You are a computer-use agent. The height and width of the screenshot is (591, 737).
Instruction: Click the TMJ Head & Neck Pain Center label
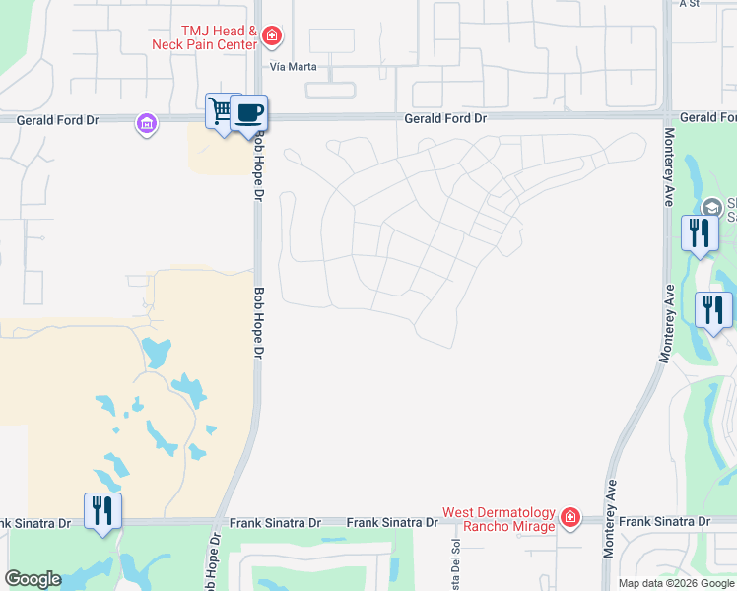tap(205, 37)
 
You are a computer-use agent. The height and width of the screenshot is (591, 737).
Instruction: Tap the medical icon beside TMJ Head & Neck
tap(273, 37)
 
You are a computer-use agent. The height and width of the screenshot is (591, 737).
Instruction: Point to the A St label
tap(690, 4)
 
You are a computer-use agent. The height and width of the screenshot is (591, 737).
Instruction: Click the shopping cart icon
tap(221, 111)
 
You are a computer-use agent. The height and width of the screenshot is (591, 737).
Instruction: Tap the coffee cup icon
tap(249, 111)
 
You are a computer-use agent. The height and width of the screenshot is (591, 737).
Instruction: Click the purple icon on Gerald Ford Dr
tap(147, 124)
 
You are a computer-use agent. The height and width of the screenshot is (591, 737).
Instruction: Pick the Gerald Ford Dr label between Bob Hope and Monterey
tap(445, 118)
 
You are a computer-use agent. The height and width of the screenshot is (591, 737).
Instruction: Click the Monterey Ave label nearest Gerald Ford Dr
tap(669, 166)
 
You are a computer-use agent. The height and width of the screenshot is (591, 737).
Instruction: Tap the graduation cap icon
tap(712, 207)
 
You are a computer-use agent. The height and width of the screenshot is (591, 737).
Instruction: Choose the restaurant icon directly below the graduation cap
tap(700, 233)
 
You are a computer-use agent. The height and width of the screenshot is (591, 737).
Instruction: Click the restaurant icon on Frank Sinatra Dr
tap(102, 511)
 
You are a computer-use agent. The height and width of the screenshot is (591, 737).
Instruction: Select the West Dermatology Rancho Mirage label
tap(498, 518)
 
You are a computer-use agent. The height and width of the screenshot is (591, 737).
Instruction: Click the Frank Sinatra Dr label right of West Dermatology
tap(666, 521)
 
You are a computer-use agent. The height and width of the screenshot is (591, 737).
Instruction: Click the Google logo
tap(33, 579)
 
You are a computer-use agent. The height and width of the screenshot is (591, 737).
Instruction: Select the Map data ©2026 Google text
tap(675, 583)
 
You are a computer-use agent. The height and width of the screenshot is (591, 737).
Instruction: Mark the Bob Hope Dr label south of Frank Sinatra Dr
tap(211, 561)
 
